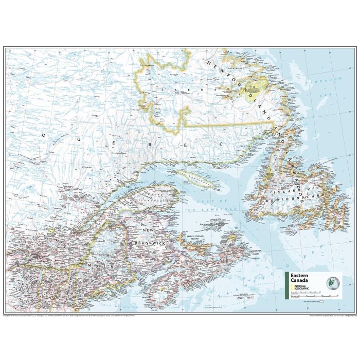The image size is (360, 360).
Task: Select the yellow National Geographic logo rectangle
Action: coord(292,287)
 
